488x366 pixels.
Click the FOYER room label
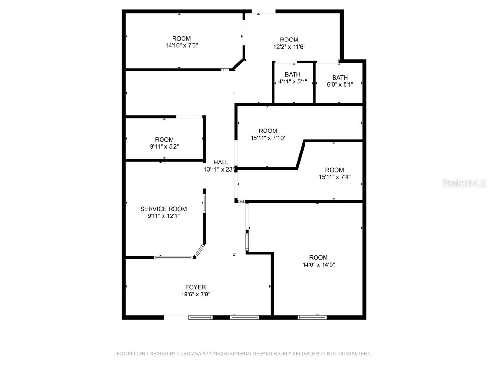click(x=195, y=287)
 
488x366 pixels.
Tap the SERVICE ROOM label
click(x=163, y=209)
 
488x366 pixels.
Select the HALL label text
click(x=221, y=162)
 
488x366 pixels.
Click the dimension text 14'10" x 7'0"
click(x=181, y=46)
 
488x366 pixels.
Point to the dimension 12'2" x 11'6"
click(x=289, y=47)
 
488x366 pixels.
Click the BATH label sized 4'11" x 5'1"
click(x=293, y=74)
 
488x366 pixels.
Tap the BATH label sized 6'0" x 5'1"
click(x=340, y=77)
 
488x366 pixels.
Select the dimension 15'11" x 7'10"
click(x=268, y=138)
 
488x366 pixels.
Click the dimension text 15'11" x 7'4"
click(x=334, y=177)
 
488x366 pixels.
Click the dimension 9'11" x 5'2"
click(x=164, y=147)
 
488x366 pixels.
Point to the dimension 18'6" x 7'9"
click(x=195, y=294)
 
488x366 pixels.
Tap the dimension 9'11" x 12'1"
click(x=163, y=216)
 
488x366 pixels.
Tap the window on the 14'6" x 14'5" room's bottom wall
click(x=312, y=317)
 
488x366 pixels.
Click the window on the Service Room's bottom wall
click(x=173, y=258)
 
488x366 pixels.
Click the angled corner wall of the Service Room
click(x=200, y=251)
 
